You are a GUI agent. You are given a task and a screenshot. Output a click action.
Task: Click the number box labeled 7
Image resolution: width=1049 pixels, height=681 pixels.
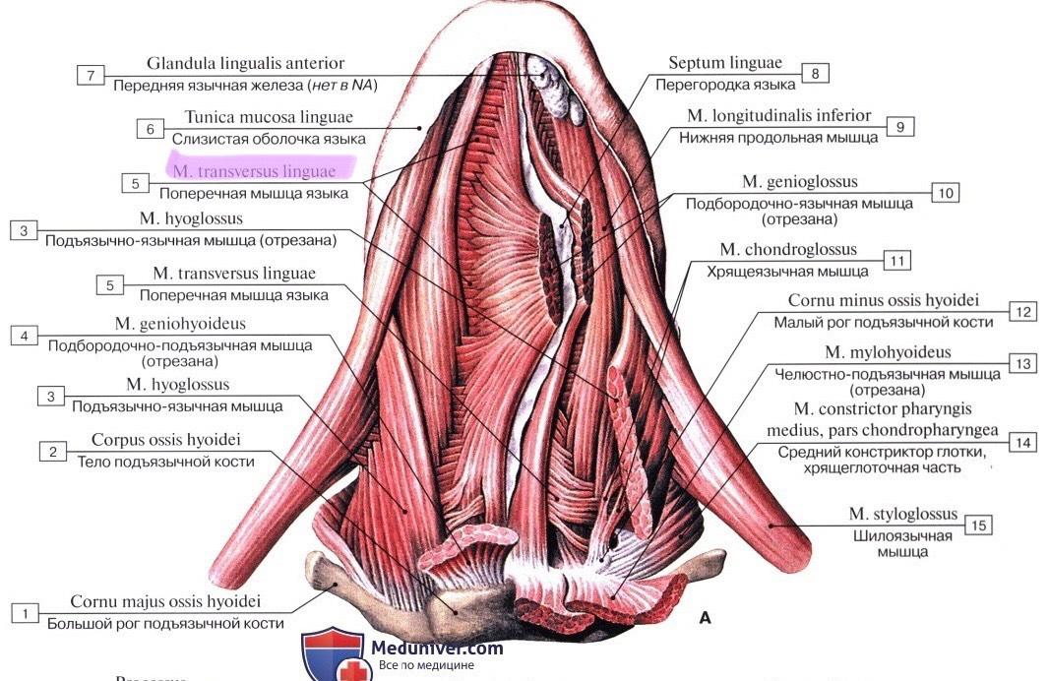tap(90, 75)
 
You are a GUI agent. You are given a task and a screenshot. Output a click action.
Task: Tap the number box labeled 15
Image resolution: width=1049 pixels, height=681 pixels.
tap(978, 526)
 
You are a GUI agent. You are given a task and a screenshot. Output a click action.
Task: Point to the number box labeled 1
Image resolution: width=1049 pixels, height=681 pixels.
tap(25, 612)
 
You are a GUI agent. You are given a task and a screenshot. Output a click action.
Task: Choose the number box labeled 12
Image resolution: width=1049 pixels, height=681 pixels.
tap(1023, 312)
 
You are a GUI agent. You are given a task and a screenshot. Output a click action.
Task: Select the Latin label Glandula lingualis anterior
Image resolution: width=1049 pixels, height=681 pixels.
tap(246, 64)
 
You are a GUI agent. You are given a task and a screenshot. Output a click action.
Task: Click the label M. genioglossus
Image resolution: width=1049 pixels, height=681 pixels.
tap(800, 182)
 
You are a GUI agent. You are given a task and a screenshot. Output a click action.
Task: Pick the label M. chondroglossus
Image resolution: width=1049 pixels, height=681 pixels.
tap(788, 250)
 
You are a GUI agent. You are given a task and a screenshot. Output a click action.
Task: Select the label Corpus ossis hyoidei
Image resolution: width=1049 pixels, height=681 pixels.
tap(166, 440)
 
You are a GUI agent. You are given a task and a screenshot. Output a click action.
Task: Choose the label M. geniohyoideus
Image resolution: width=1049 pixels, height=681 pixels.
tap(180, 323)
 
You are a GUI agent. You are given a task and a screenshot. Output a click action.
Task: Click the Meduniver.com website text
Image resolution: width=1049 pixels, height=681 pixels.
tap(438, 648)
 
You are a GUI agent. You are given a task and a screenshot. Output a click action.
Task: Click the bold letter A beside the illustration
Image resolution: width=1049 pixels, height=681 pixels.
tap(705, 618)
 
